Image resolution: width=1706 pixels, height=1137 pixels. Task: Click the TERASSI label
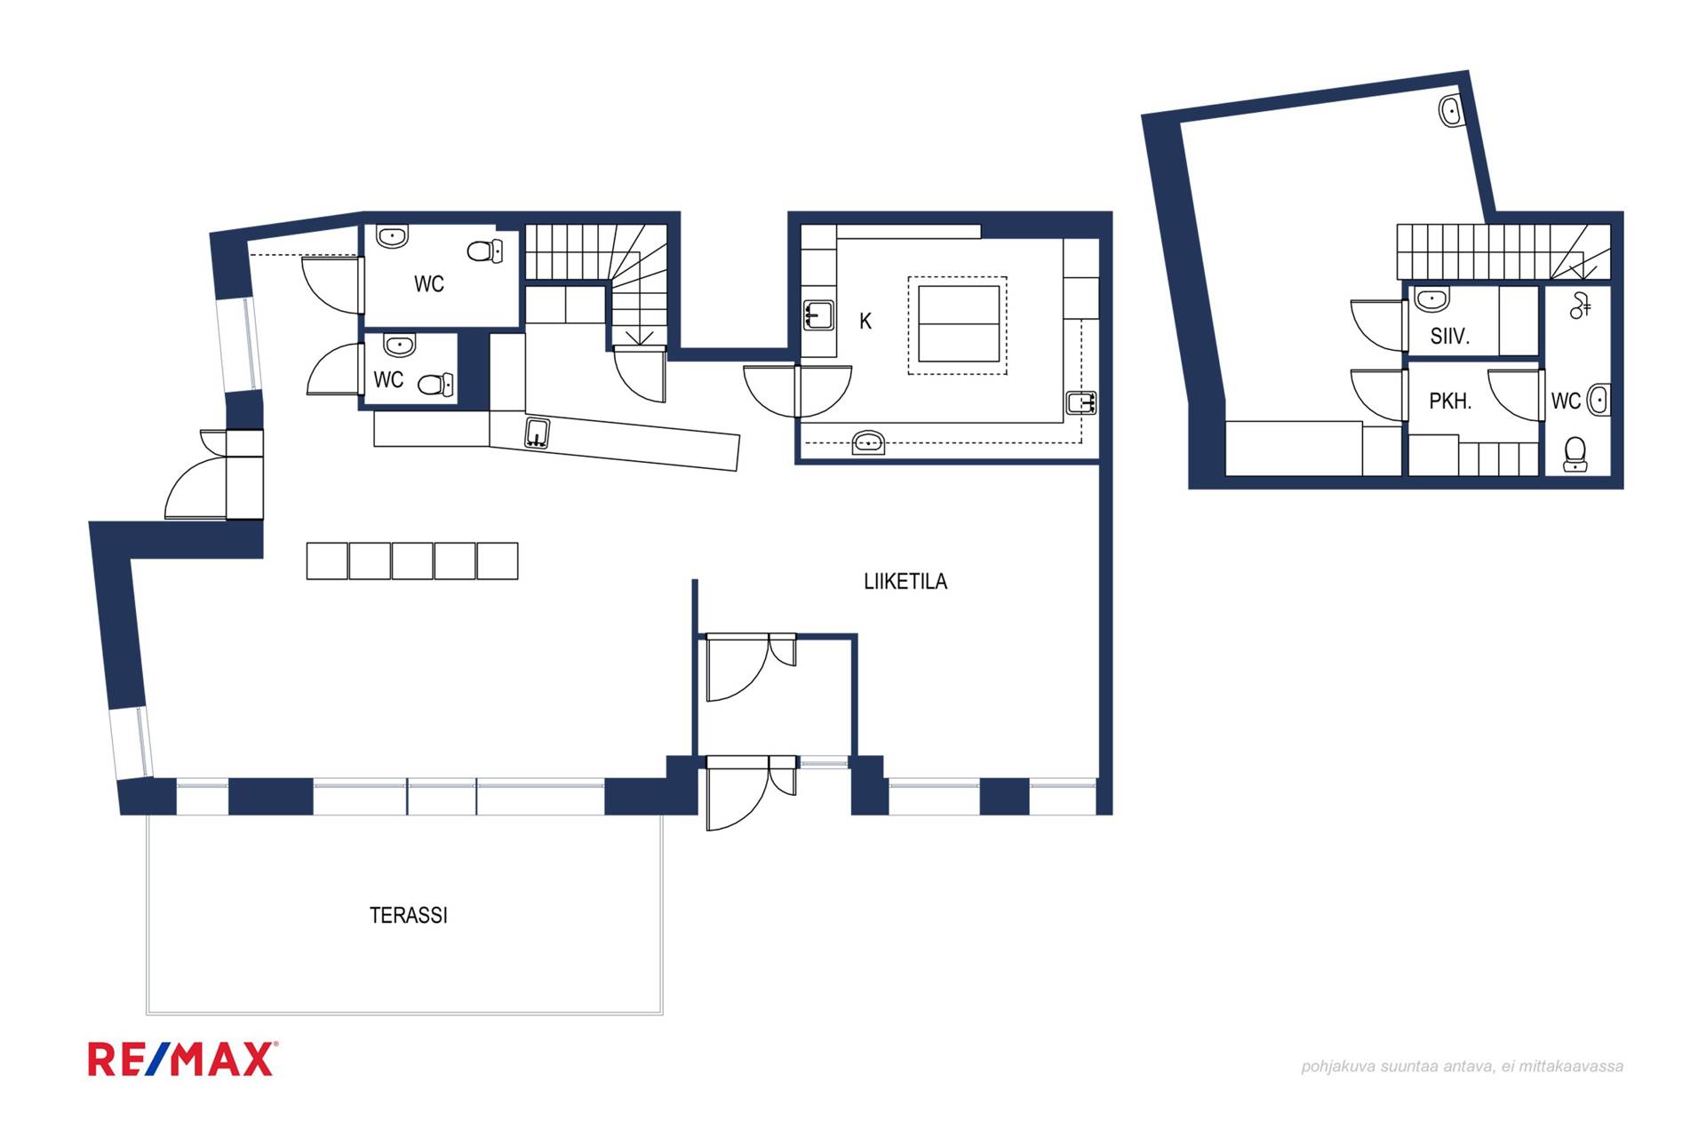click(408, 915)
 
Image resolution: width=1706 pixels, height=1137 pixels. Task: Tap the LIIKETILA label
click(905, 581)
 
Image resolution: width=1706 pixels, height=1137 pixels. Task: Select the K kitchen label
click(865, 321)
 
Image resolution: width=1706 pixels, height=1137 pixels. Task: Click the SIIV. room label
click(1449, 337)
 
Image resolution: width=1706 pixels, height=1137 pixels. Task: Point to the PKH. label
click(1450, 402)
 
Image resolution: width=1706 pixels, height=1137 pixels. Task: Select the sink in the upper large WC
click(392, 236)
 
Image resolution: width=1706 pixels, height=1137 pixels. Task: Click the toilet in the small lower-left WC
click(435, 385)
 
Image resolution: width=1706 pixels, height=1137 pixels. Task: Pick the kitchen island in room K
click(959, 324)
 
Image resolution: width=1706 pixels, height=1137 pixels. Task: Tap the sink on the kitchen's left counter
click(818, 314)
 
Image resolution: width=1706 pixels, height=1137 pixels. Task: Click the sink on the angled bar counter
click(537, 433)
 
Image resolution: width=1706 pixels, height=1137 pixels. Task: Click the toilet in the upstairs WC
click(1575, 454)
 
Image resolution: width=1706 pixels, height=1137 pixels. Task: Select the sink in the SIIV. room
click(1431, 298)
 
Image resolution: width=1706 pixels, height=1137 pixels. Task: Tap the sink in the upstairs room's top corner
click(1451, 111)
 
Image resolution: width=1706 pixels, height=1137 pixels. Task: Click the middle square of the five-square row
click(412, 561)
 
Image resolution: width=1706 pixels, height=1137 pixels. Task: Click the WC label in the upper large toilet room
click(429, 284)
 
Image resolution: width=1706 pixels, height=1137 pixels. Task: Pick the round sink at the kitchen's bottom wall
click(868, 442)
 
